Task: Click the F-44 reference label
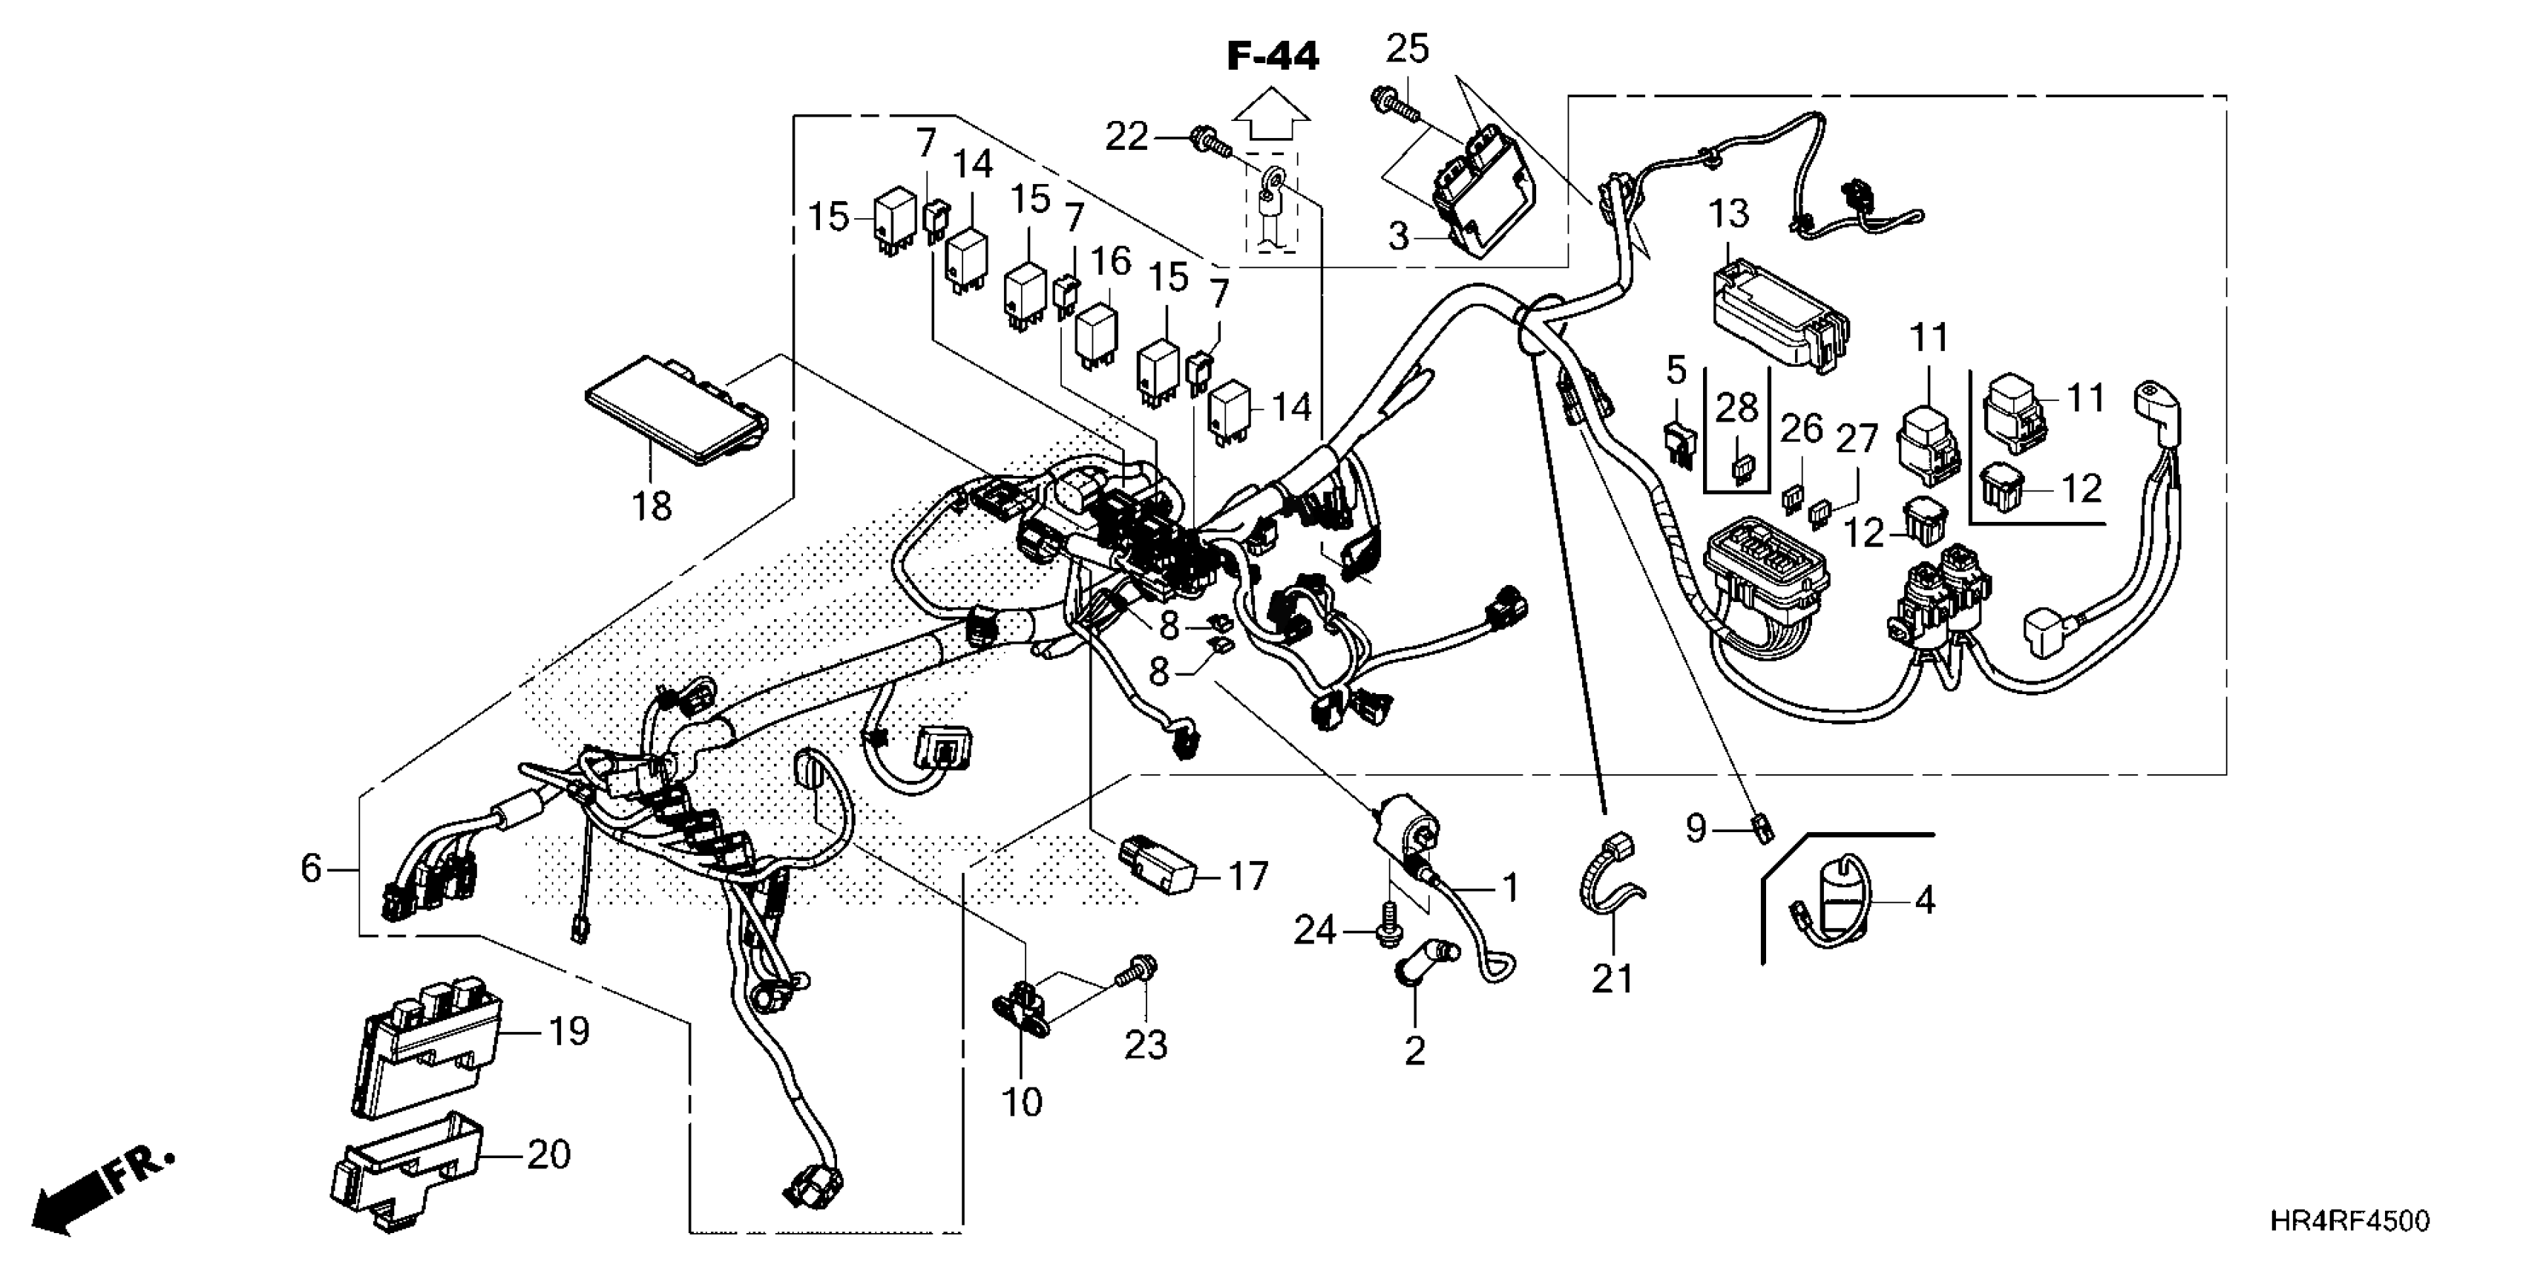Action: point(1273,57)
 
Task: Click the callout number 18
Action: point(652,506)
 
